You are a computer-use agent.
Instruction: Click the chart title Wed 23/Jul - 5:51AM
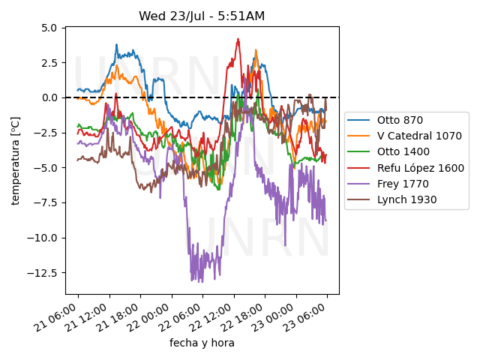coord(202,16)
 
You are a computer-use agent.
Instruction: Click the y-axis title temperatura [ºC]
coord(15,160)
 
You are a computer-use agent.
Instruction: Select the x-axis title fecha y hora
coord(202,343)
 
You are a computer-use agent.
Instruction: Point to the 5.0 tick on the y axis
coord(49,28)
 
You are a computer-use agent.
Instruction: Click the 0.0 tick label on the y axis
coord(49,97)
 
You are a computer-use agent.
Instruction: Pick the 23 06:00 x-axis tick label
coord(313,315)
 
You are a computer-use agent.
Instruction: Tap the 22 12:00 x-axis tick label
coord(220,315)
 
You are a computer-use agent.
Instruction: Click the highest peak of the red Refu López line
coord(238,39)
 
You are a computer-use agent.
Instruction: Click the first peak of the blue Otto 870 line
coord(116,45)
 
